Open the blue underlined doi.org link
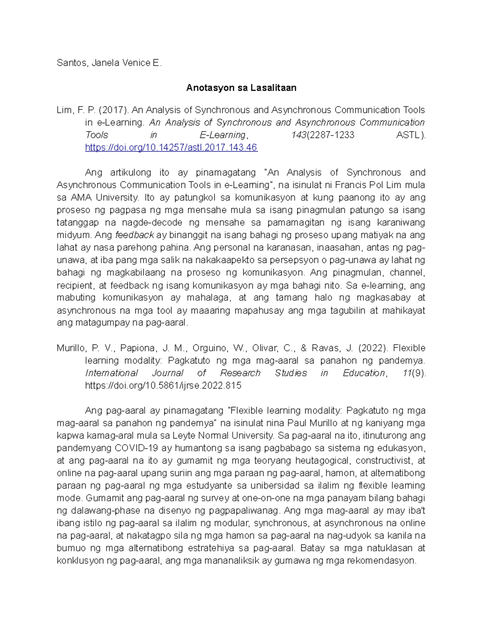pos(171,148)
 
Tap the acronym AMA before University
pos(81,198)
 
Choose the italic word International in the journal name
pos(111,373)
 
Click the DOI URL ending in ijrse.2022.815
pos(163,386)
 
